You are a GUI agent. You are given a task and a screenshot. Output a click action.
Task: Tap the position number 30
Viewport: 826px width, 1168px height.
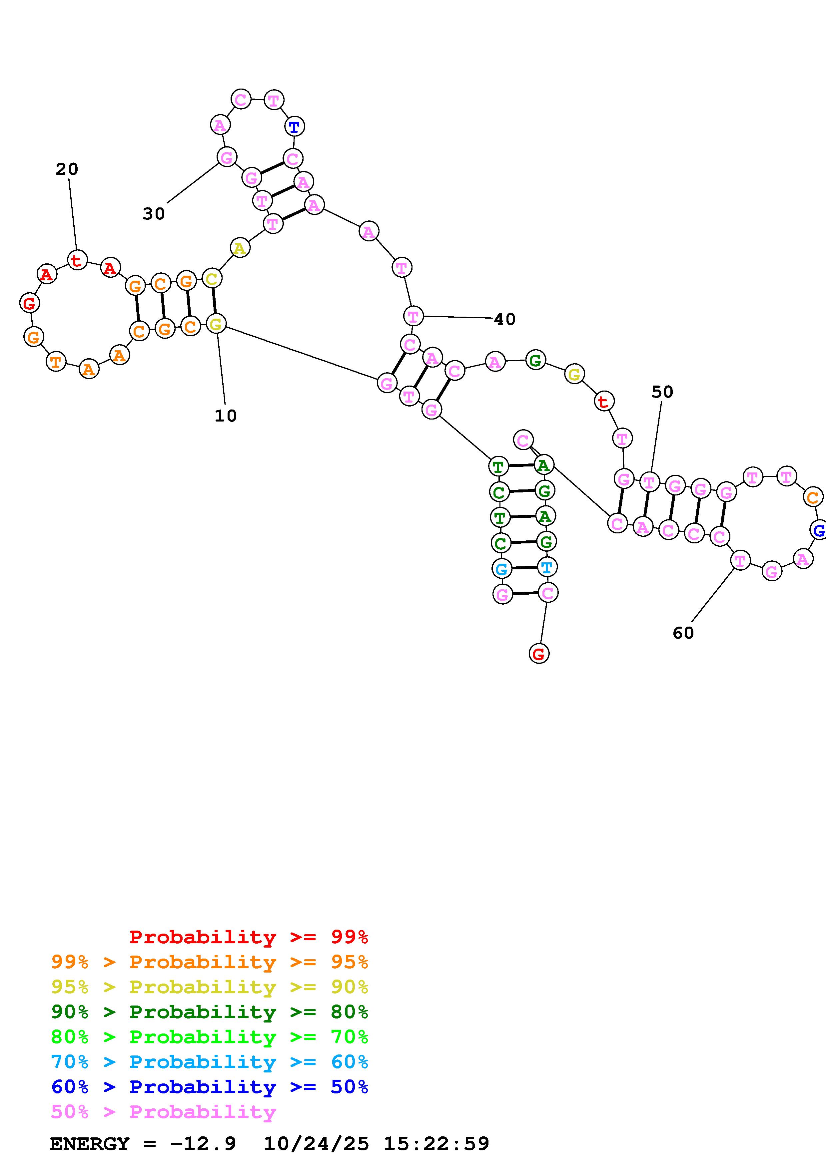point(154,214)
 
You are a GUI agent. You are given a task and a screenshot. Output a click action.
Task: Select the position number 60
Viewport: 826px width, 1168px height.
point(683,633)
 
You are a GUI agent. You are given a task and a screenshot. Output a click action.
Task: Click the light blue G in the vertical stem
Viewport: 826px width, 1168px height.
point(501,569)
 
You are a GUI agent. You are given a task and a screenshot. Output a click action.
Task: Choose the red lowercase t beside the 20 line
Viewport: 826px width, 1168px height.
point(77,260)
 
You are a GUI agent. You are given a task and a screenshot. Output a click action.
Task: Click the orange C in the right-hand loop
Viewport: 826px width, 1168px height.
point(813,497)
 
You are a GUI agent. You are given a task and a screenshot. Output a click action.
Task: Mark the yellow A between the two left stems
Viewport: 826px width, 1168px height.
point(239,248)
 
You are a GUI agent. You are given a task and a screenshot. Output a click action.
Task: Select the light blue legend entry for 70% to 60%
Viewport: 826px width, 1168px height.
point(209,1062)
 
